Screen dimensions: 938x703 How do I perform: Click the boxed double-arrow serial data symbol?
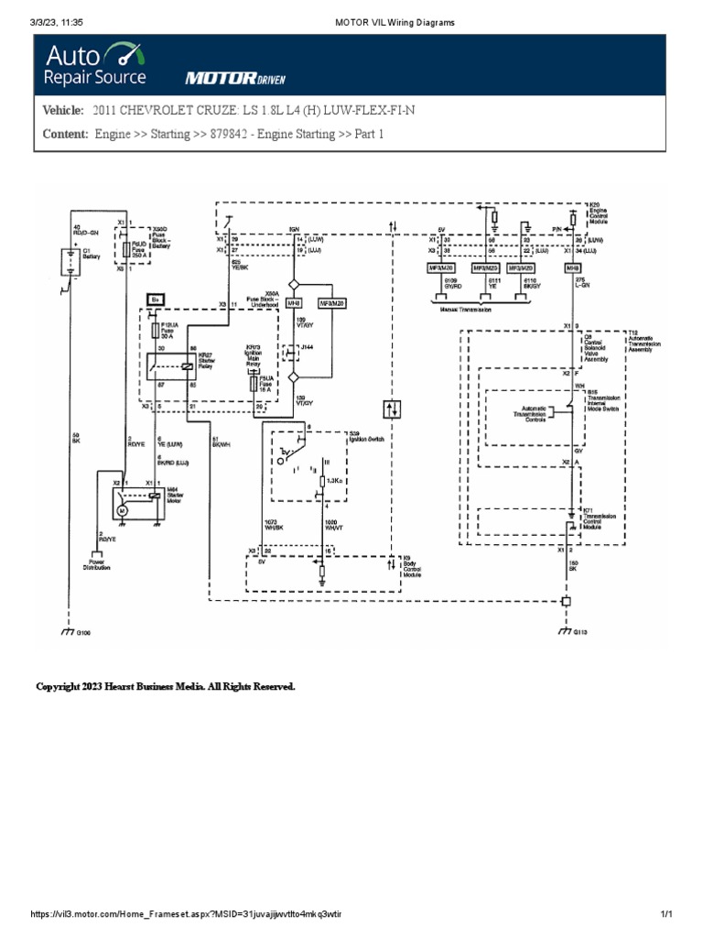(x=393, y=409)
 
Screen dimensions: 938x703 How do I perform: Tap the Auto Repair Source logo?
(x=94, y=64)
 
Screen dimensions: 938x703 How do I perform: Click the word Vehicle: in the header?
(x=63, y=111)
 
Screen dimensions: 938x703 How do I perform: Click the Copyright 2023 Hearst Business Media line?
(x=165, y=686)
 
